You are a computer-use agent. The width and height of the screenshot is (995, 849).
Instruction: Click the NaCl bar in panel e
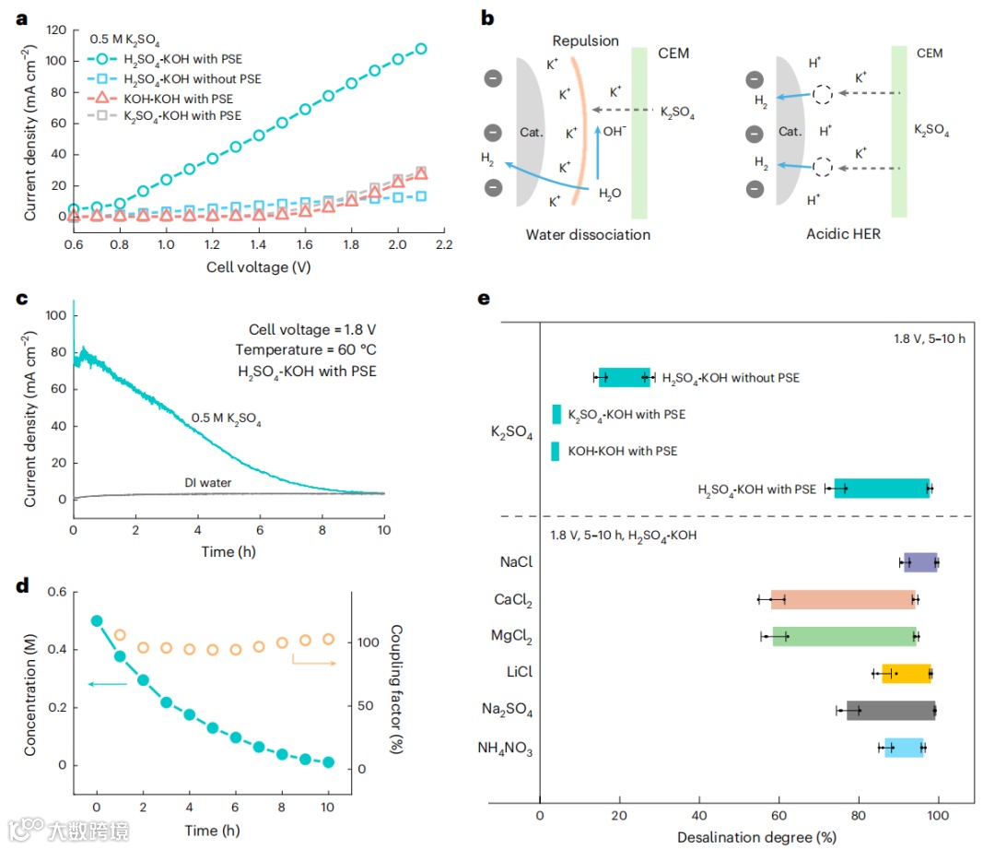coord(920,562)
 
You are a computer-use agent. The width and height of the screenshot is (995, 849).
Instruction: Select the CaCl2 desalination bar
coord(843,600)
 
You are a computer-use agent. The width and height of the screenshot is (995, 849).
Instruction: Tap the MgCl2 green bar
coord(845,637)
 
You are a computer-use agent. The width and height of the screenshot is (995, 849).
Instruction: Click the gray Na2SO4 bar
coord(891,710)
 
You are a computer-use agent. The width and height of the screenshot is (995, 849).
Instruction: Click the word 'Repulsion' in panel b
coord(585,41)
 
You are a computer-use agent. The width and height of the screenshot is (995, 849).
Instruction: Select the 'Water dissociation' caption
coord(588,234)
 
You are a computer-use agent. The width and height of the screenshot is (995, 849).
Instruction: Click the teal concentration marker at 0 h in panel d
coord(97,620)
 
